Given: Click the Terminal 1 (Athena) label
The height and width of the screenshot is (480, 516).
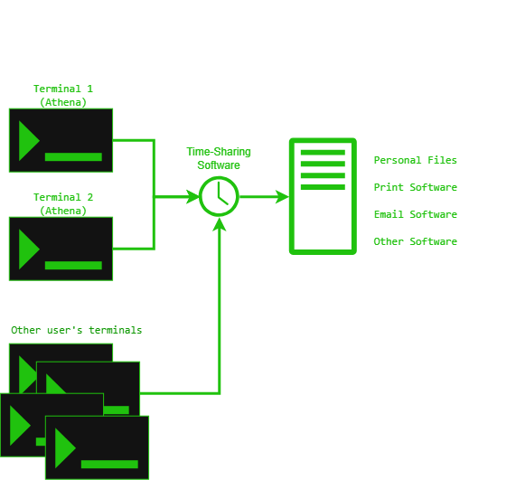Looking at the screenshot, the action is (x=63, y=96).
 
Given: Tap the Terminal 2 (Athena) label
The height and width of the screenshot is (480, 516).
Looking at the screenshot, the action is (x=63, y=203).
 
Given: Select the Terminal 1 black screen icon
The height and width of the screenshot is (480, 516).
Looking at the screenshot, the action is (x=61, y=140).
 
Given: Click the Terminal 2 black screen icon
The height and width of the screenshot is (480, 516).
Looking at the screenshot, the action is (x=61, y=249).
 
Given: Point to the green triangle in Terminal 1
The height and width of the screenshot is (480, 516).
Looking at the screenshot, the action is (x=29, y=141).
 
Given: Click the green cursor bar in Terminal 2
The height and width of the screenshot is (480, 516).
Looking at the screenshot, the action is (x=73, y=266).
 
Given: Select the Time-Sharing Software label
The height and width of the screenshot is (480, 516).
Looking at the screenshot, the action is (x=219, y=158).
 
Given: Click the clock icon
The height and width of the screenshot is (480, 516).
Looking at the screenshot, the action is (x=219, y=196).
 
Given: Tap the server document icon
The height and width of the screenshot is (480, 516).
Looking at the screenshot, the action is (x=323, y=196).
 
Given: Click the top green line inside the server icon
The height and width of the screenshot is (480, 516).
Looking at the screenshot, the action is (x=323, y=153).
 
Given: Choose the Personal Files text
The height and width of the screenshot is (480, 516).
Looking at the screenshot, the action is (x=416, y=160).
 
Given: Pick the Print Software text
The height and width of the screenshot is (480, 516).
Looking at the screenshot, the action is (x=416, y=187).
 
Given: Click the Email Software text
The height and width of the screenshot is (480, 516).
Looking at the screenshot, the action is (x=416, y=214).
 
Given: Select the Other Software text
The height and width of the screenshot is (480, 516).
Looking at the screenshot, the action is (x=416, y=241).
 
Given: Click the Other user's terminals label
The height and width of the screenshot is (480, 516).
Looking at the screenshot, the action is (x=76, y=330).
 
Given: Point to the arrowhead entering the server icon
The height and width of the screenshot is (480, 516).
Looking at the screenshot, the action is (x=282, y=196).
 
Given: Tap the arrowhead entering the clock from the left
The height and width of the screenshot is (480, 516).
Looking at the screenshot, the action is (x=192, y=196).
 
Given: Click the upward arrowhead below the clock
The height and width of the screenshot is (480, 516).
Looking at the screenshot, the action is (x=220, y=224).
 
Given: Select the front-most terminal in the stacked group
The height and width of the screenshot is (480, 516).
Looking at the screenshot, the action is (x=97, y=447).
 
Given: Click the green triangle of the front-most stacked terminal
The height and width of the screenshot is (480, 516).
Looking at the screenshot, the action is (x=65, y=448).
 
